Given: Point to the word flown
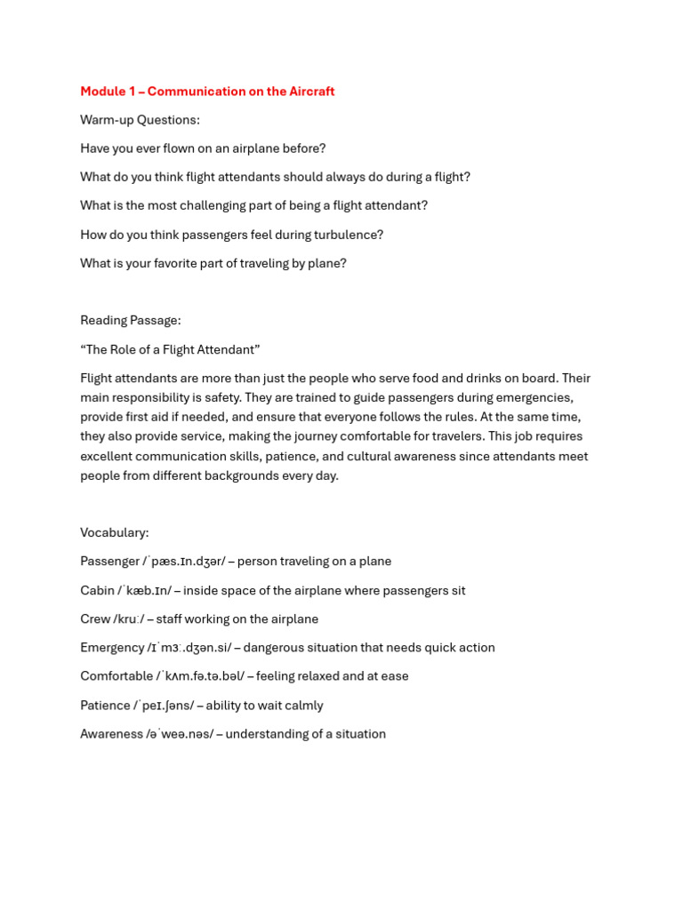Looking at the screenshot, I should coord(173,148).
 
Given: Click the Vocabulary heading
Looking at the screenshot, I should coord(115,532).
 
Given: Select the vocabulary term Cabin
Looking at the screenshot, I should coord(98,590).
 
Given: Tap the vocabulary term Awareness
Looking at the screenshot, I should coord(112,734).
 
